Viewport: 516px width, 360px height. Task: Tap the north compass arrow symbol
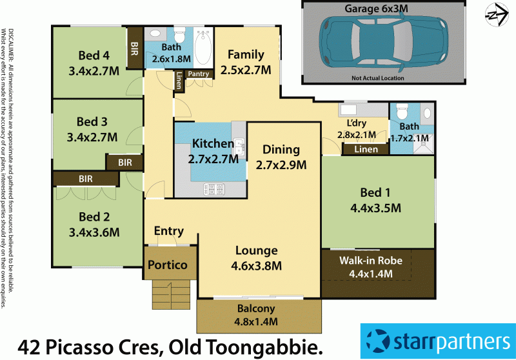pos(495,13)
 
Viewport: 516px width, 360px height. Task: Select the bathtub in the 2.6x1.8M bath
pos(203,49)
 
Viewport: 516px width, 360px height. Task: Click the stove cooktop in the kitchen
pos(213,189)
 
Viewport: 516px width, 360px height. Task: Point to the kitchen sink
pos(239,148)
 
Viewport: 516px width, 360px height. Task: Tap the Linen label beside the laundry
pos(365,150)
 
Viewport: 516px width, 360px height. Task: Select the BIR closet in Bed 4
pos(134,48)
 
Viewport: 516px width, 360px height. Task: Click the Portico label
pos(167,265)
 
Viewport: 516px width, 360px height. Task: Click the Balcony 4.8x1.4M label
pos(258,315)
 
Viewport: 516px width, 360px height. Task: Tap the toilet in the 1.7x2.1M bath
pos(401,109)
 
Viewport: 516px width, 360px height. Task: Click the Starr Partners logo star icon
pos(378,341)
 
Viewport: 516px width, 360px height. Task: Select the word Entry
pos(169,231)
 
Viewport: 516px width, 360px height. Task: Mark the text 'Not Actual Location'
pos(378,78)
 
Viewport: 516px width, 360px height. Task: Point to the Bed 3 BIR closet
pos(125,163)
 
